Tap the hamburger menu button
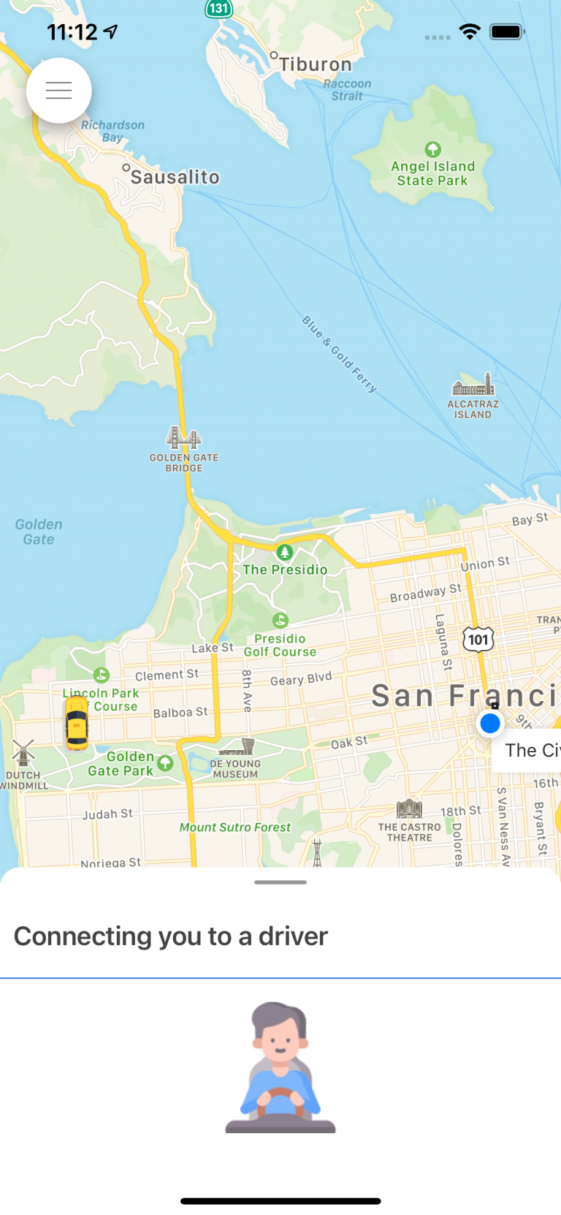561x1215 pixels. click(x=58, y=91)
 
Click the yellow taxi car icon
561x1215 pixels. click(x=76, y=723)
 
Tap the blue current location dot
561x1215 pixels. click(x=490, y=724)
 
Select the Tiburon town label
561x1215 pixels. click(x=315, y=64)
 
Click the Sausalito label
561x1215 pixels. click(x=175, y=177)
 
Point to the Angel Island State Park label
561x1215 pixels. click(x=432, y=173)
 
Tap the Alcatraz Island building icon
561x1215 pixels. click(x=473, y=386)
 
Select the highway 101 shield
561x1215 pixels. click(x=478, y=640)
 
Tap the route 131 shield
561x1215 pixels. click(x=218, y=9)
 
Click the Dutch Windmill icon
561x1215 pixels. click(x=23, y=752)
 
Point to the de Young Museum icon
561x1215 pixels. click(x=237, y=746)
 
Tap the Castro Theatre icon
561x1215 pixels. click(x=409, y=809)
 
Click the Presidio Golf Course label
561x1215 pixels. click(x=280, y=645)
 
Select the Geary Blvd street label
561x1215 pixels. click(x=301, y=679)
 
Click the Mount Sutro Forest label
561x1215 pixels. click(x=234, y=828)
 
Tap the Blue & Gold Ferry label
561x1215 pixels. click(x=340, y=355)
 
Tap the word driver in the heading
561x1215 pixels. click(x=293, y=936)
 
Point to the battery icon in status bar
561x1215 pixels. click(x=506, y=31)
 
